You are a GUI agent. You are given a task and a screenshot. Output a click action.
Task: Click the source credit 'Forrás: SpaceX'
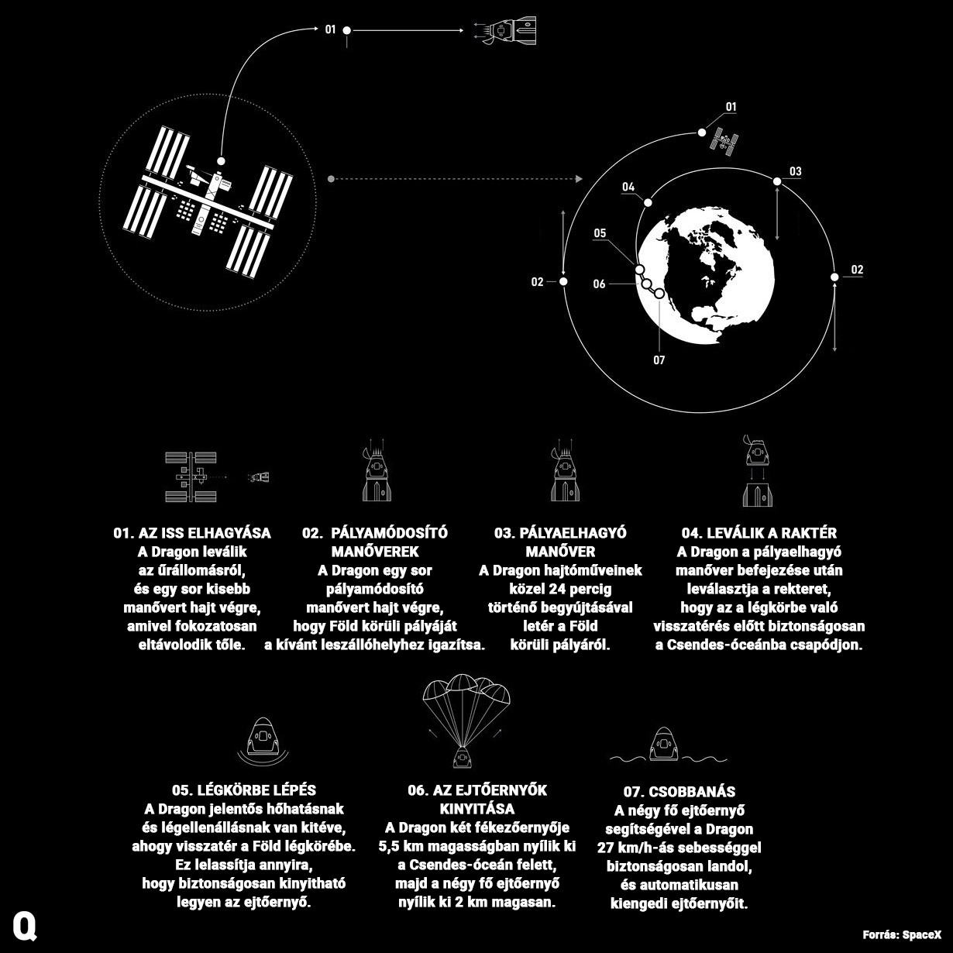tap(902, 934)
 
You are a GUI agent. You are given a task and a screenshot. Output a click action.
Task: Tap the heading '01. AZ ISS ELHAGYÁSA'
tap(192, 532)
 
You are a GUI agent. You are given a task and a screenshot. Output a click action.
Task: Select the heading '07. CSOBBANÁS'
tap(679, 792)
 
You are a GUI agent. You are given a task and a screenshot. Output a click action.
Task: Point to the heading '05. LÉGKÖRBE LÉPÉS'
tap(244, 790)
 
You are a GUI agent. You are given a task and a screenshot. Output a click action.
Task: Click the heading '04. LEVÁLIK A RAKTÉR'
tap(759, 532)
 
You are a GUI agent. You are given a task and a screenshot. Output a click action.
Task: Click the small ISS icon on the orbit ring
tap(724, 141)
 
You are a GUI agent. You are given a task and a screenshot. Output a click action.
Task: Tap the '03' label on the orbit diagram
tap(795, 171)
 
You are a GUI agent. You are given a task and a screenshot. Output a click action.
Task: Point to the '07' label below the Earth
tap(659, 360)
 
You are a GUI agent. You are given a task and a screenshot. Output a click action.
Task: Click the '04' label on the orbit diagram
tap(628, 187)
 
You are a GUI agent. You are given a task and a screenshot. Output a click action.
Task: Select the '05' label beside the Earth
tap(600, 233)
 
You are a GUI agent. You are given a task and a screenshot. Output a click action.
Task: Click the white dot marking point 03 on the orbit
tap(777, 181)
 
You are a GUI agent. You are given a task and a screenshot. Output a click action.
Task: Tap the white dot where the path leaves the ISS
tap(221, 161)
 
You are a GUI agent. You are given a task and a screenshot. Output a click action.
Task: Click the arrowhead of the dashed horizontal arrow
tap(579, 178)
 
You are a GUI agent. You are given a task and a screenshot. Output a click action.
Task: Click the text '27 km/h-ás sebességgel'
tap(679, 848)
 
